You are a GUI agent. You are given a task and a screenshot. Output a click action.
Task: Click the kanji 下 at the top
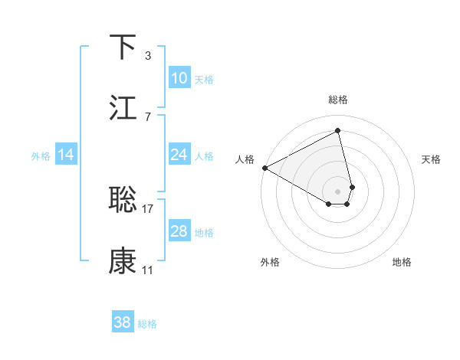123,47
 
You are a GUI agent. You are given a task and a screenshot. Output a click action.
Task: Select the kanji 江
123,107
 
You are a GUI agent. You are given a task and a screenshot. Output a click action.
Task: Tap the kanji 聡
123,199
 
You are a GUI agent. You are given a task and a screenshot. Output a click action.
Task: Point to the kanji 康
123,260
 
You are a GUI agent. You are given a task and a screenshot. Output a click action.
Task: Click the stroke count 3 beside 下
147,56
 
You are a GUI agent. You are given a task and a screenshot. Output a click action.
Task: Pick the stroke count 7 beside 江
147,116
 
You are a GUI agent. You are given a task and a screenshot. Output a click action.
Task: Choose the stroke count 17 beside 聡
148,208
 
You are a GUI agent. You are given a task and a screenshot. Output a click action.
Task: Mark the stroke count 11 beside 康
148,270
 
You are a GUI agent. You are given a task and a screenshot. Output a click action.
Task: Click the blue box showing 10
179,78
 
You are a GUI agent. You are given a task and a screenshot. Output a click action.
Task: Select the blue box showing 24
179,155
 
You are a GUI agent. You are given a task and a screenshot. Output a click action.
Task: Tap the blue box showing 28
179,231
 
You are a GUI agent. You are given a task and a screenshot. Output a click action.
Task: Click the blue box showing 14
66,155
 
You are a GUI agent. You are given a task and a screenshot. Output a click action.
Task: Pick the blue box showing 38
123,322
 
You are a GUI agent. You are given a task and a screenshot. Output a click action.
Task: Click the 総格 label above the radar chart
338,100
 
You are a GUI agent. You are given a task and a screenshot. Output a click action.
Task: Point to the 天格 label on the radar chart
432,159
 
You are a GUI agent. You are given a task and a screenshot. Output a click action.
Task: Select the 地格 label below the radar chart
402,262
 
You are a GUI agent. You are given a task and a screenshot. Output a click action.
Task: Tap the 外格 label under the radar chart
270,262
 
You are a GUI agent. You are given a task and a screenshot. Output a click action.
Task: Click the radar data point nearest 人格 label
264,168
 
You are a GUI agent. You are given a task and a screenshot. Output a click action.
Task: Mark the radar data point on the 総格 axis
338,131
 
